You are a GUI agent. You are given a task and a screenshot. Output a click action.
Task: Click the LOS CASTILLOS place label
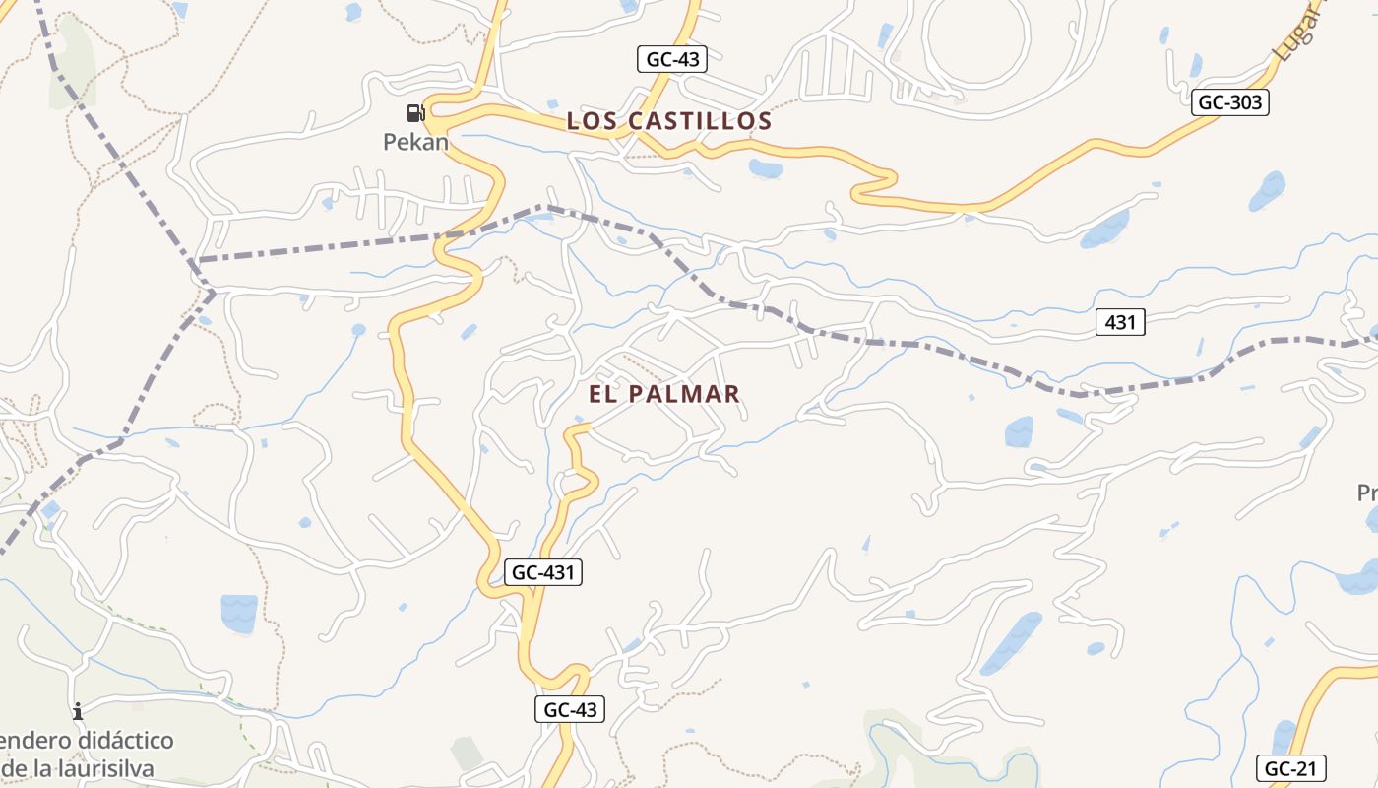(669, 121)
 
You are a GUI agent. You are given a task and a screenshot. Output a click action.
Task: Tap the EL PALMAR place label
(664, 394)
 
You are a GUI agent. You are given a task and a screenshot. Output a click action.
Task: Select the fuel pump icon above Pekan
(415, 113)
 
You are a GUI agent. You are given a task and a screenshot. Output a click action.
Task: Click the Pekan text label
(415, 142)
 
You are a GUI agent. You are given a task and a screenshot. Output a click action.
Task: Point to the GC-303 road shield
(1229, 101)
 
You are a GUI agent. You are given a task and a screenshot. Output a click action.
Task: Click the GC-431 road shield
(543, 572)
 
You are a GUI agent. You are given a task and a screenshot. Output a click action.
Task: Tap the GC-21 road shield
(1291, 768)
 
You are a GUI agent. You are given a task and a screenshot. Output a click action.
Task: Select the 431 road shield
(1120, 322)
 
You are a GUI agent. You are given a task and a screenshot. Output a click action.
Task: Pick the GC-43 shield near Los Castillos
(672, 59)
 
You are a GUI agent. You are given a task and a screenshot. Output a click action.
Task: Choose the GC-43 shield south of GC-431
(570, 708)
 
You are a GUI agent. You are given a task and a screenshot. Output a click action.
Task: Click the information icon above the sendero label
(77, 711)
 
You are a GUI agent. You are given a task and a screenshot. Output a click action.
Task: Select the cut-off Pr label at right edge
(1367, 492)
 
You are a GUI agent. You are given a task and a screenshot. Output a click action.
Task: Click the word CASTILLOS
(699, 121)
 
